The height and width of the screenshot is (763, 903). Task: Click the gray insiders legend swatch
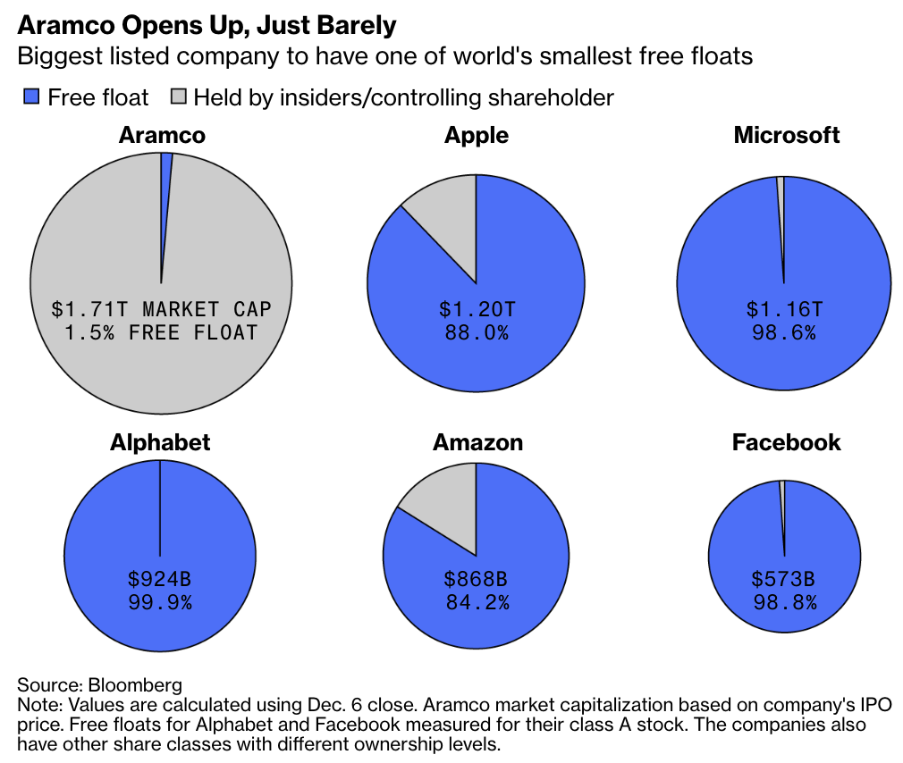pyautogui.click(x=178, y=97)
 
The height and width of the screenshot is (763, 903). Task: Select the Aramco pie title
pyautogui.click(x=162, y=135)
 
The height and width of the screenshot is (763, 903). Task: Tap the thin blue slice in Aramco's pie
pyautogui.click(x=165, y=179)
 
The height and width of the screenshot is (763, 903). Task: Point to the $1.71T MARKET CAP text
pyautogui.click(x=161, y=309)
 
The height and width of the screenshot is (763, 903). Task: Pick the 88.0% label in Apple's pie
pyautogui.click(x=477, y=332)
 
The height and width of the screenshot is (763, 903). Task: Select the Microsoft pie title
pyautogui.click(x=787, y=135)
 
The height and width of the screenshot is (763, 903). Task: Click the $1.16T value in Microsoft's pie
pyautogui.click(x=784, y=309)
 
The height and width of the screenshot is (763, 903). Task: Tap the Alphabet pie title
pyautogui.click(x=160, y=442)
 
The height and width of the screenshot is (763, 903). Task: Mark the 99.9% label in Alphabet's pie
pyautogui.click(x=160, y=602)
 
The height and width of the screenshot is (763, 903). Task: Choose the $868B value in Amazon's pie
pyautogui.click(x=477, y=579)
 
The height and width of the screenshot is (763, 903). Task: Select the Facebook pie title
pyautogui.click(x=787, y=442)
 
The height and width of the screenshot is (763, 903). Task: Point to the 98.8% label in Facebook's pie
pyautogui.click(x=784, y=602)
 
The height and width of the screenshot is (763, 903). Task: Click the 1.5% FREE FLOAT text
pyautogui.click(x=161, y=332)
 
